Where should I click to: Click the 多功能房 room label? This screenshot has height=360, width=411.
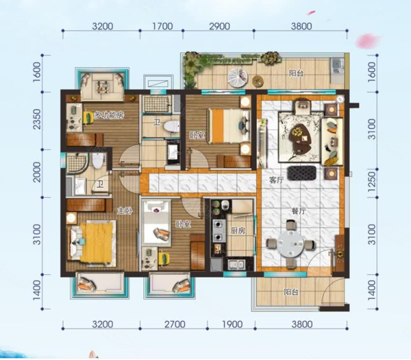tap(109, 115)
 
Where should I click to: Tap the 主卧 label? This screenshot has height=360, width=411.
tap(125, 211)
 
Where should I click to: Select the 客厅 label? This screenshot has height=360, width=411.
tap(277, 180)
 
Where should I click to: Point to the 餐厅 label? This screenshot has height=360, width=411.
tap(299, 211)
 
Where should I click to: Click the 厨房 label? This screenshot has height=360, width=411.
tap(238, 230)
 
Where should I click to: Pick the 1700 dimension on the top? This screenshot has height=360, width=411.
tap(163, 26)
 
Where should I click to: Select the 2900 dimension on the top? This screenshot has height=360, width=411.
tap(220, 26)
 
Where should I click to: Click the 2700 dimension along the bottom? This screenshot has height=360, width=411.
tap(175, 325)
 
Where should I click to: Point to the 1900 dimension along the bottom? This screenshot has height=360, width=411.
tap(232, 325)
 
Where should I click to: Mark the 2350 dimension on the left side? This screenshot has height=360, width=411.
tap(37, 119)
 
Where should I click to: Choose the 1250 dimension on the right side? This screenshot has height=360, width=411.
tap(371, 181)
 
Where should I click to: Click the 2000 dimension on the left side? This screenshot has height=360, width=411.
tap(37, 172)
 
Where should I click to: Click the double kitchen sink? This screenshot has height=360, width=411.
tap(236, 264)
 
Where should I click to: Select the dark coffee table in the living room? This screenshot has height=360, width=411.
tap(301, 139)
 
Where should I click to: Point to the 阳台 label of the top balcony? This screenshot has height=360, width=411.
tap(296, 73)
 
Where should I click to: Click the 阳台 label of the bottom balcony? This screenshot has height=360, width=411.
tap(291, 292)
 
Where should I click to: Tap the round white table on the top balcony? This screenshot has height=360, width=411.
tap(238, 77)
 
